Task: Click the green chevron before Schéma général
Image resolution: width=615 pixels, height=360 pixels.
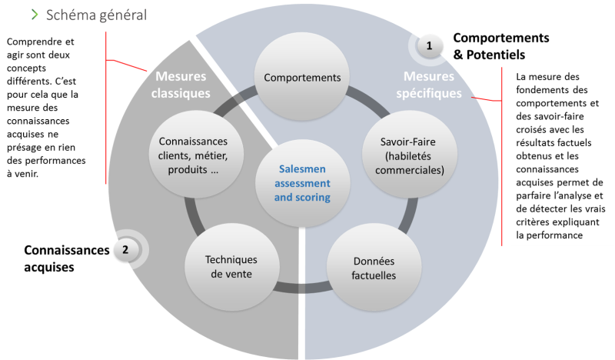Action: [x=35, y=15]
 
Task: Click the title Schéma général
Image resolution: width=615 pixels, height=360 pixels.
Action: [x=97, y=15]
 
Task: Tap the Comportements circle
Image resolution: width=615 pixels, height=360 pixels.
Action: [x=301, y=78]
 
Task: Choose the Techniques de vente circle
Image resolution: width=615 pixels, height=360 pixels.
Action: [x=231, y=267]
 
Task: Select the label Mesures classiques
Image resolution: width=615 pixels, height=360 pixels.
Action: [x=182, y=85]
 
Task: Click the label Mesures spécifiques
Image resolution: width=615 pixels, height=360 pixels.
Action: [x=433, y=85]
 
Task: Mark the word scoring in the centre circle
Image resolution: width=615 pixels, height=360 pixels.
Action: [x=314, y=198]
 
